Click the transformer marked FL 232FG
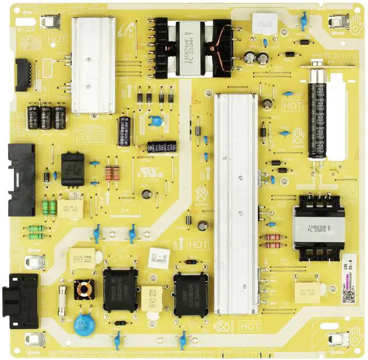(315, 227)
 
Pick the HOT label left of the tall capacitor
(293, 105)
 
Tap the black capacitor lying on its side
(162, 147)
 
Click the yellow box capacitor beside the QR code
(308, 292)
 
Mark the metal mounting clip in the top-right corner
(338, 23)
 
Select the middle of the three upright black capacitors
(47, 117)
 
